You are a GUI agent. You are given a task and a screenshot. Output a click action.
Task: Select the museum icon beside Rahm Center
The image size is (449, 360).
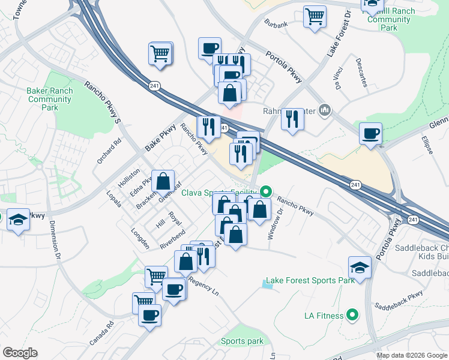pos(325,110)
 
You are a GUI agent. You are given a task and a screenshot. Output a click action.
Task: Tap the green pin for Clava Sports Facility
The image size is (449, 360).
pos(265,193)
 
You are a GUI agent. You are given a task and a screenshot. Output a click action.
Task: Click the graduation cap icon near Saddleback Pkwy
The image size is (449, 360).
pos(360,268)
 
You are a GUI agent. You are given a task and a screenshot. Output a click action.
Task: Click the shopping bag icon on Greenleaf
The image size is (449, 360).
pos(163,181)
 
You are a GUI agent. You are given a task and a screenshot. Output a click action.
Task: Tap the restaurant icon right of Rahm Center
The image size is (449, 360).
pos(292,119)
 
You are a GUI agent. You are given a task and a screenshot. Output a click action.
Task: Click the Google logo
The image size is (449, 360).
pos(20,353)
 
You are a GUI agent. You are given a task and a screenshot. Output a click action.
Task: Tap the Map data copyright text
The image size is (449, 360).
pos(412,355)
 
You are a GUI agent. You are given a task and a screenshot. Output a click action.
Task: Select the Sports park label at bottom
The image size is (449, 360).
pos(242,341)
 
